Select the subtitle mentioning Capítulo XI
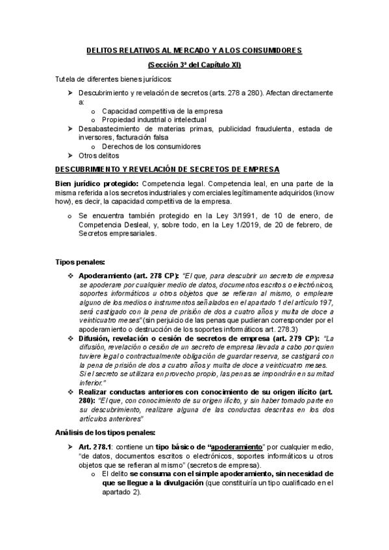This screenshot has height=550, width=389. click(194, 64)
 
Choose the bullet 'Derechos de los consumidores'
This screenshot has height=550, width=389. click(151, 147)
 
